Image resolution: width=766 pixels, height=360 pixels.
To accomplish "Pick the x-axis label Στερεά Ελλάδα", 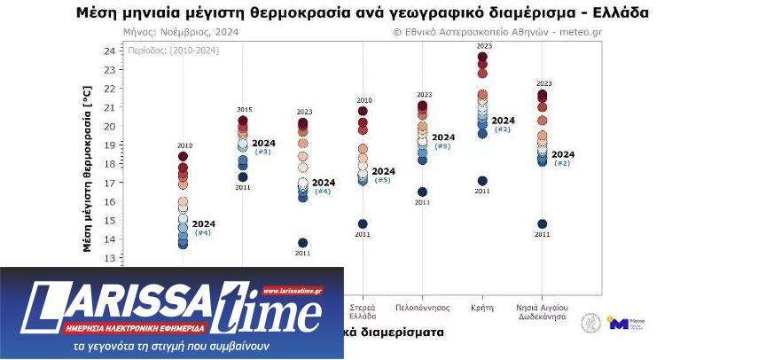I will [363, 310].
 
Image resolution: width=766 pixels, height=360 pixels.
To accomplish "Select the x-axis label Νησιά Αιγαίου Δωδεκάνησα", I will [542, 310].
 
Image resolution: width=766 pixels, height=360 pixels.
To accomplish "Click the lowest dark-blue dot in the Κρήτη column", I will [482, 181].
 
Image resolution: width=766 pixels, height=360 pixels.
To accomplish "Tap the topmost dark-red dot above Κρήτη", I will [482, 57].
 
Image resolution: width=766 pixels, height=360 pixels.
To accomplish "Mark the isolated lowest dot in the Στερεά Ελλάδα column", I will [363, 223].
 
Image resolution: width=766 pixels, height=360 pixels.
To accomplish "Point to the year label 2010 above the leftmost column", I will [184, 145].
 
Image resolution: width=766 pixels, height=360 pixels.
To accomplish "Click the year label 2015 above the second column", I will [244, 109].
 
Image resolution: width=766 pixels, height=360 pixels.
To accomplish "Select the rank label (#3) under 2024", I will [263, 152].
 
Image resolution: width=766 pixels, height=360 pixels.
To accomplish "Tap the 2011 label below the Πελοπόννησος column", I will [422, 203].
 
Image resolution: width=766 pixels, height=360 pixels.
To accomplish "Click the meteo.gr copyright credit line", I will [496, 32].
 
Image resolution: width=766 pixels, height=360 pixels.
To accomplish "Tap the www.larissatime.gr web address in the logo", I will [292, 290].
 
